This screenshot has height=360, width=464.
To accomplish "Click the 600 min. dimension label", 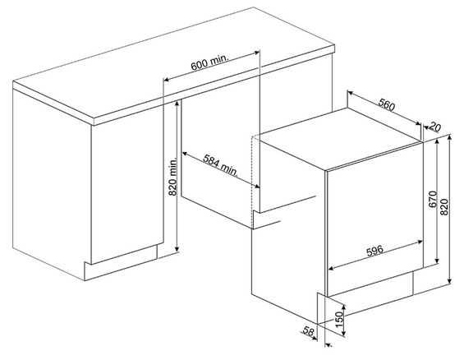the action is [209, 62].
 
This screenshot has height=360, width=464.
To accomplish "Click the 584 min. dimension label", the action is [221, 165].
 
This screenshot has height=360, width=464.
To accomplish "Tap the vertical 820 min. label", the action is [172, 176].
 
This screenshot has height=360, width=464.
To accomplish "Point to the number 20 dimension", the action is [434, 127].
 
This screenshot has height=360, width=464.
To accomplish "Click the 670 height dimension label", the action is [433, 199].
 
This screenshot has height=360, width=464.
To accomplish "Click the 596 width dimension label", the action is [374, 251].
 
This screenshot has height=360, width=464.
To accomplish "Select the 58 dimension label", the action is [308, 330].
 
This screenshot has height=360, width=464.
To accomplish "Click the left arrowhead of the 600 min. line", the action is [167, 79].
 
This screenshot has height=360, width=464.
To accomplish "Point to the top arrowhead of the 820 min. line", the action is [177, 103].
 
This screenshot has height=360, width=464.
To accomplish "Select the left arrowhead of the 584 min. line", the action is [184, 154].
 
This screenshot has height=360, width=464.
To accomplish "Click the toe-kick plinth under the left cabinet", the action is [121, 264].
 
